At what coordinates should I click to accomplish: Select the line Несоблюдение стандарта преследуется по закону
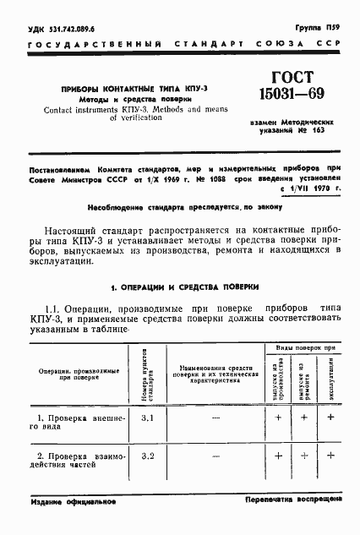tap(179, 206)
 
